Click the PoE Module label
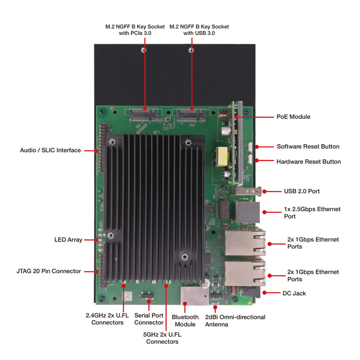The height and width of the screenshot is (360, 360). click(293, 117)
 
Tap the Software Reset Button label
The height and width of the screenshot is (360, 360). click(308, 146)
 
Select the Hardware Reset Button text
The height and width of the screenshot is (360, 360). click(308, 162)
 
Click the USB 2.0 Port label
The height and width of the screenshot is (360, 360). click(301, 191)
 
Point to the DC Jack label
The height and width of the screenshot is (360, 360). click(294, 293)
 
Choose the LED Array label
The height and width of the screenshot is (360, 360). click(68, 240)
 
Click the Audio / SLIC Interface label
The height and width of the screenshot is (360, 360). click(50, 150)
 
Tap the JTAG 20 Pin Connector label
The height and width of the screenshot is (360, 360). click(49, 271)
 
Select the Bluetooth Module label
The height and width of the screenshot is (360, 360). click(185, 321)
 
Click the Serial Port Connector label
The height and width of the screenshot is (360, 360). click(149, 319)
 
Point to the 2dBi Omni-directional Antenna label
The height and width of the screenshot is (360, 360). click(235, 321)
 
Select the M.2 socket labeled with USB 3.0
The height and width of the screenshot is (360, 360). click(191, 114)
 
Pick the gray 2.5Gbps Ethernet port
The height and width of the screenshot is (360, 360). click(248, 212)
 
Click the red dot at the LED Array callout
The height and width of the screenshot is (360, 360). click(96, 240)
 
